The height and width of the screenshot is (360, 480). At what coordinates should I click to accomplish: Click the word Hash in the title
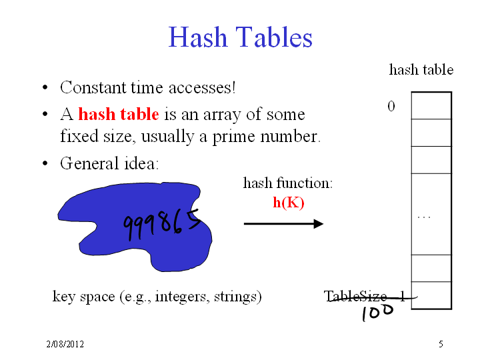point(197,37)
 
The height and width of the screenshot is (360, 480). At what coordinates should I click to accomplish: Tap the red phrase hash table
point(119,114)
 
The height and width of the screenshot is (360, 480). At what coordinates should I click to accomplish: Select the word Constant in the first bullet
point(93,87)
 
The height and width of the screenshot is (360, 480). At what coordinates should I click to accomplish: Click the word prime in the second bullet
point(233,137)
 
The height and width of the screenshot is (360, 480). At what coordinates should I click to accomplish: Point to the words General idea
point(109,163)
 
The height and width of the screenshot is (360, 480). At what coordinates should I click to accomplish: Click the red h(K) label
point(289,203)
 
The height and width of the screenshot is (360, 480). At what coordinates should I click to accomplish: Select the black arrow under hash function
point(283,224)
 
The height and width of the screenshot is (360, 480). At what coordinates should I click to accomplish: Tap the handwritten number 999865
point(162,225)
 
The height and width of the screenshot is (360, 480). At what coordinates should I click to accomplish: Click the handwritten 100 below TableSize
point(377,313)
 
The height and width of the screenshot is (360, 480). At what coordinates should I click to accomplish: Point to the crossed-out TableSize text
point(365,296)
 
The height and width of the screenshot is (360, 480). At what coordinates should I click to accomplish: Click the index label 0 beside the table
point(391,106)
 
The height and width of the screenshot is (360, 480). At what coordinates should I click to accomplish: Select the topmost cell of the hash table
point(431,105)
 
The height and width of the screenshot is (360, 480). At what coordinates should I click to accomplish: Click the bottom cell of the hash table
point(431,295)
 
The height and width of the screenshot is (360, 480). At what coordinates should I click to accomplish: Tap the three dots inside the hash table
point(424,217)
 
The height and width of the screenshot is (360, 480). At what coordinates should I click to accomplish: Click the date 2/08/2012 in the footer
point(65,344)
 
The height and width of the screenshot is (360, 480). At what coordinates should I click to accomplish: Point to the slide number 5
point(441,344)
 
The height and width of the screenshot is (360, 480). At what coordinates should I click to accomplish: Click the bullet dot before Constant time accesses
point(45,87)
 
